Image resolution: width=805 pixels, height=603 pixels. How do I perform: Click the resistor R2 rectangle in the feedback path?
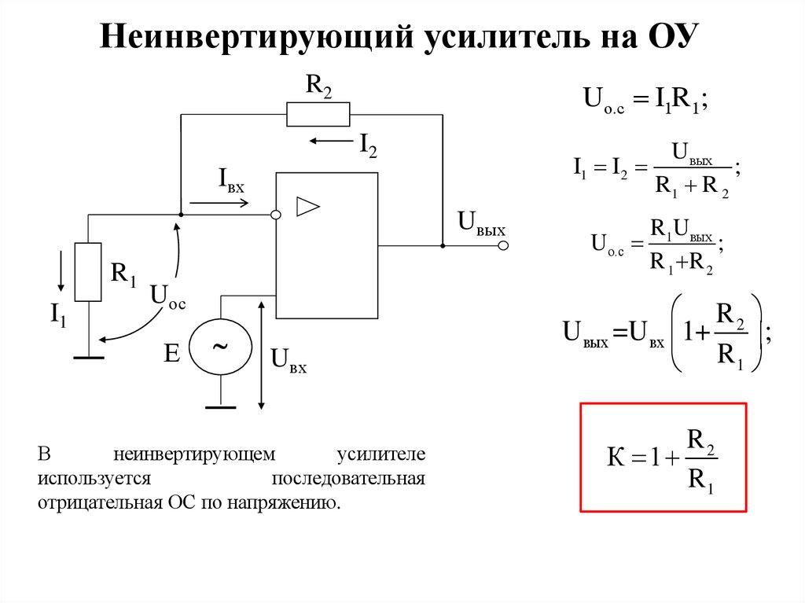tap(318, 115)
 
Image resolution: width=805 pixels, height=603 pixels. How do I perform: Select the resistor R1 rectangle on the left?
tap(88, 272)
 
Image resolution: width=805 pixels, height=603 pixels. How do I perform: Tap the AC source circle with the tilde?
tap(222, 346)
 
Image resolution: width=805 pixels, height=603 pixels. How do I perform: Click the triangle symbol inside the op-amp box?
tap(308, 207)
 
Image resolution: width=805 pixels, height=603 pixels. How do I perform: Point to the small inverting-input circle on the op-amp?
tap(276, 215)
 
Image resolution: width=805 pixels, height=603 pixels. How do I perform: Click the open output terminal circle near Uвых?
tap(504, 246)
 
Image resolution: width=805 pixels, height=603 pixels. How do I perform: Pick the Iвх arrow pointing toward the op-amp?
tap(219, 203)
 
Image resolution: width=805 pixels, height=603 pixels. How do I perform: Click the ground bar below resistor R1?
tap(88, 357)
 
